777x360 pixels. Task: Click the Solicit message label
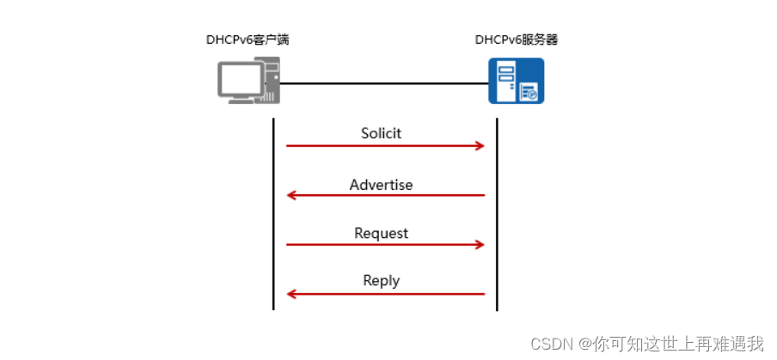coord(381,134)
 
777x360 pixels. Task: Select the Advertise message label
coord(381,185)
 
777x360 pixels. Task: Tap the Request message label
coord(381,234)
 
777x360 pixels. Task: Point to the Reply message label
coord(381,281)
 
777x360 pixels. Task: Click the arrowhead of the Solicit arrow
coord(480,146)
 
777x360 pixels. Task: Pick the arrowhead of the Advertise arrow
coord(291,196)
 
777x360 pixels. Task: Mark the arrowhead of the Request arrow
coord(480,245)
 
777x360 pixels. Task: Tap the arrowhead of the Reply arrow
coord(291,294)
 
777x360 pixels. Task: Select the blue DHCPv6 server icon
coord(516,81)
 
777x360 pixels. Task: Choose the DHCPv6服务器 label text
coord(517,40)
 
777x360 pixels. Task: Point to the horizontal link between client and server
coord(384,83)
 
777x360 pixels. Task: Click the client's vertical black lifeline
coord(273,215)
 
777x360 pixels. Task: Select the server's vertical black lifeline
coord(498,215)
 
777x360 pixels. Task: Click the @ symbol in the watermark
coord(586,345)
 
